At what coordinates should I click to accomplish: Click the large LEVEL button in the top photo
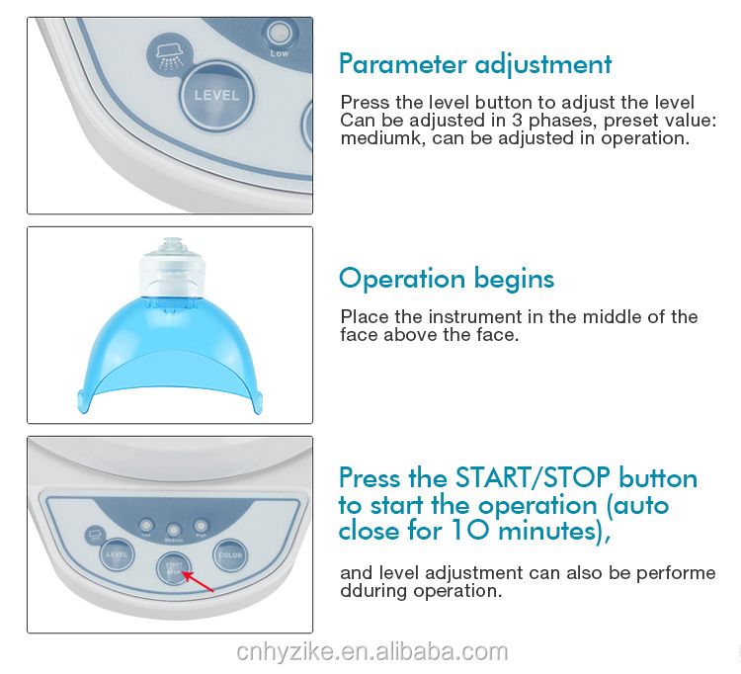pyautogui.click(x=217, y=96)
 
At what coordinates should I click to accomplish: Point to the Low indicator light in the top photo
pyautogui.click(x=279, y=33)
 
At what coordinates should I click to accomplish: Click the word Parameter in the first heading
pyautogui.click(x=403, y=64)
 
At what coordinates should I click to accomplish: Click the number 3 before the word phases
pyautogui.click(x=517, y=120)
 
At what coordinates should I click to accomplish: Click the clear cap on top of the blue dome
pyautogui.click(x=172, y=267)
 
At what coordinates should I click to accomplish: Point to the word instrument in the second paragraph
pyautogui.click(x=457, y=316)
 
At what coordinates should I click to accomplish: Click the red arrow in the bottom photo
pyautogui.click(x=198, y=582)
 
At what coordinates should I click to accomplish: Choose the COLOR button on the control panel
pyautogui.click(x=230, y=555)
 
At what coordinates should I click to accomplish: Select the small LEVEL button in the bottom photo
pyautogui.click(x=117, y=554)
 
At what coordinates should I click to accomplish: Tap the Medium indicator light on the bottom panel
pyautogui.click(x=174, y=529)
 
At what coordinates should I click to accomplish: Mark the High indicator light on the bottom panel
pyautogui.click(x=201, y=525)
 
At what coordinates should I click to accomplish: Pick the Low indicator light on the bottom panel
pyautogui.click(x=146, y=525)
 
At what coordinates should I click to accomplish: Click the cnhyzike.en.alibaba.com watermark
pyautogui.click(x=371, y=652)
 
